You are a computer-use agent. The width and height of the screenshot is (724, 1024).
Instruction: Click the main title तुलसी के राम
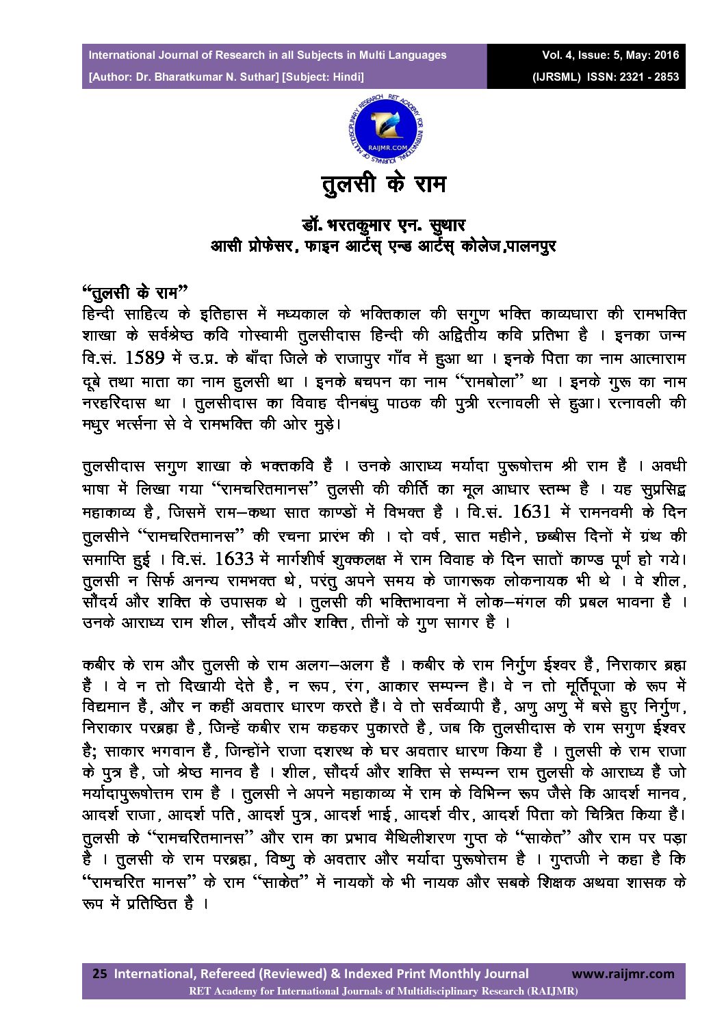click(x=384, y=185)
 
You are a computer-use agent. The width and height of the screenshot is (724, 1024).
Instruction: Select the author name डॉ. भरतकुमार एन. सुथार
click(x=383, y=224)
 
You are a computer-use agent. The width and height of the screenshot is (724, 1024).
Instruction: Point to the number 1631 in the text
click(x=530, y=512)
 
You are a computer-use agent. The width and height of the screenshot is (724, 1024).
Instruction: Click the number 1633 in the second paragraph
click(x=234, y=558)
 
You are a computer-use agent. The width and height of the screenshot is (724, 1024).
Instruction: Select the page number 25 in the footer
click(x=99, y=973)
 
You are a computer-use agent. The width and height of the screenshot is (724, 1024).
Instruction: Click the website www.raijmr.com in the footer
click(x=623, y=973)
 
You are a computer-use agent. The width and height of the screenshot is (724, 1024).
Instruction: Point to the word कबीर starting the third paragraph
click(x=100, y=665)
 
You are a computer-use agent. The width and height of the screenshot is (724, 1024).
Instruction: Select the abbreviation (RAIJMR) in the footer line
click(x=550, y=990)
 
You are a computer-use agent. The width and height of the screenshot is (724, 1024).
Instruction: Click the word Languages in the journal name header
click(x=417, y=55)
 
